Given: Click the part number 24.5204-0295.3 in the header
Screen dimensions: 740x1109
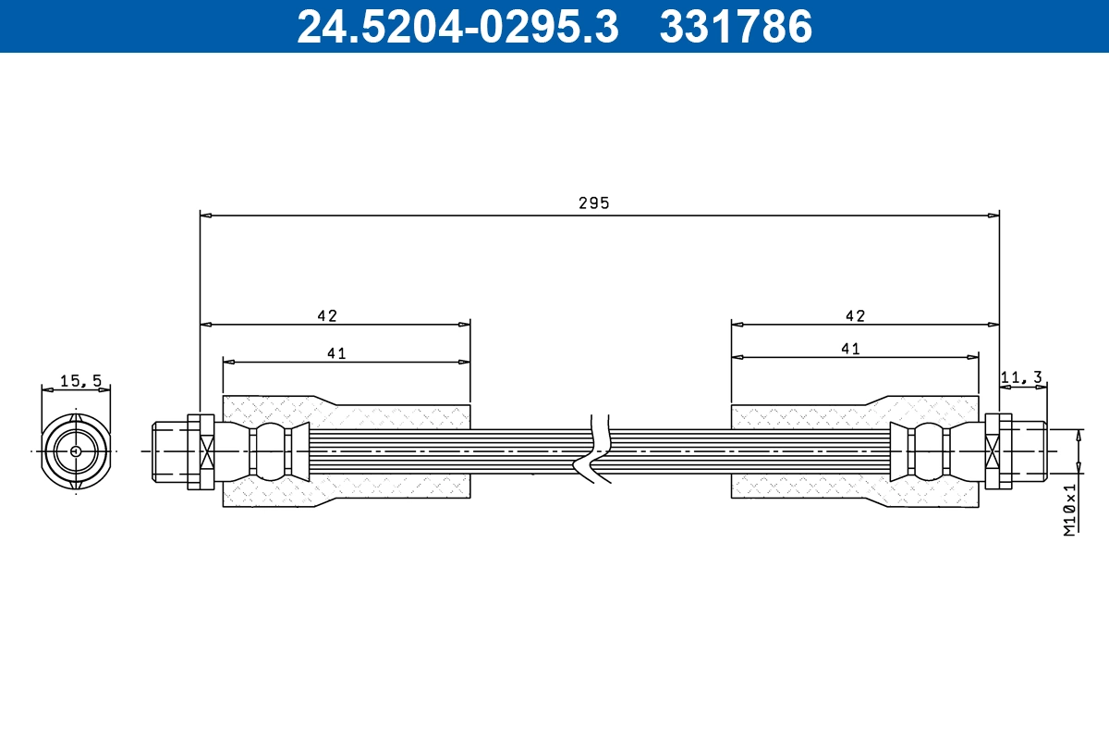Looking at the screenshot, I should (x=457, y=27).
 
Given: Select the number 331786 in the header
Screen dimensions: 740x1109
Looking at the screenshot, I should (x=736, y=27).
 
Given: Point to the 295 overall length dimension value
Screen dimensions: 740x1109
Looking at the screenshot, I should (x=594, y=203).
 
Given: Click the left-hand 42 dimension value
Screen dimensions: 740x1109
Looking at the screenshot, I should (x=327, y=315).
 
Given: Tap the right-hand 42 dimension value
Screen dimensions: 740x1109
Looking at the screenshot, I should (x=855, y=315).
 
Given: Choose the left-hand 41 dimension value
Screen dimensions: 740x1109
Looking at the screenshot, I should (x=335, y=352).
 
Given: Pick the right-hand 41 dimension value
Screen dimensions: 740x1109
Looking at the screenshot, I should (x=850, y=349).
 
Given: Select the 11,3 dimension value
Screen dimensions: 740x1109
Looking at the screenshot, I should (x=1023, y=376).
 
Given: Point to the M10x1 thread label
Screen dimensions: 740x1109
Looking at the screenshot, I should (x=1069, y=509).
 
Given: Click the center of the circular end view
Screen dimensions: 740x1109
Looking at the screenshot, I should (x=75, y=451).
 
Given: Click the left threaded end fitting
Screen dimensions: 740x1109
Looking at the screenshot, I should (x=170, y=451).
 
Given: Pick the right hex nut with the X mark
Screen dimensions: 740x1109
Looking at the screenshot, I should (x=993, y=451).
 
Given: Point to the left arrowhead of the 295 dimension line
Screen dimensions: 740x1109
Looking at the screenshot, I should (x=206, y=216).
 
